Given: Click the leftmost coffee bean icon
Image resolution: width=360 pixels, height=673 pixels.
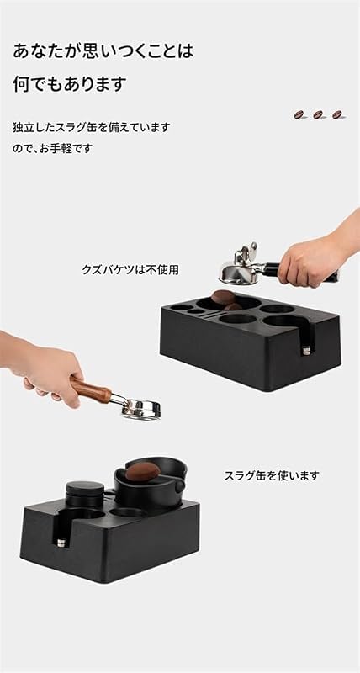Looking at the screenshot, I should click(x=299, y=114).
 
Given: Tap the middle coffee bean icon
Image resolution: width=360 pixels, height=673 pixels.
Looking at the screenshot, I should click(x=319, y=114).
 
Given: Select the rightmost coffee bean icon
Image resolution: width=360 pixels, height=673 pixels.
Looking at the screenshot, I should click(x=337, y=114).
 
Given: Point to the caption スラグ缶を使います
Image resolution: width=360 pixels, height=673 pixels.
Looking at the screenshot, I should click(x=272, y=475).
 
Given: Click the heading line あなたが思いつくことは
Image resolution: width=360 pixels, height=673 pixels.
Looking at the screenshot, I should click(x=103, y=50).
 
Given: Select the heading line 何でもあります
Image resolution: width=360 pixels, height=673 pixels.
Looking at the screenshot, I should click(x=70, y=84).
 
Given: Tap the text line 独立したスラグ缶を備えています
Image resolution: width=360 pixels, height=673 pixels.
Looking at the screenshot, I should click(x=92, y=127).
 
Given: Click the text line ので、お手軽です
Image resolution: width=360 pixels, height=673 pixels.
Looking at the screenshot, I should click(x=52, y=148).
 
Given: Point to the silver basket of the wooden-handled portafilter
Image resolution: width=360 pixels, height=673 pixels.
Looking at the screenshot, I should click(x=139, y=410).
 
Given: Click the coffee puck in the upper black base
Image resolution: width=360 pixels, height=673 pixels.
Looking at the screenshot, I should click(x=225, y=295).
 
